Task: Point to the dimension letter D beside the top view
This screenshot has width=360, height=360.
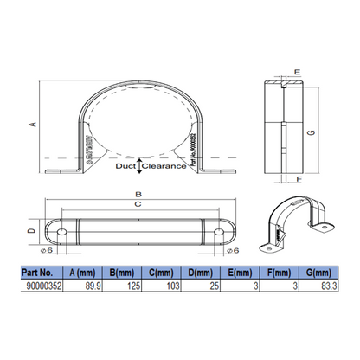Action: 30,233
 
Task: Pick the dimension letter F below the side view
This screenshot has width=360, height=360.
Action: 296,181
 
